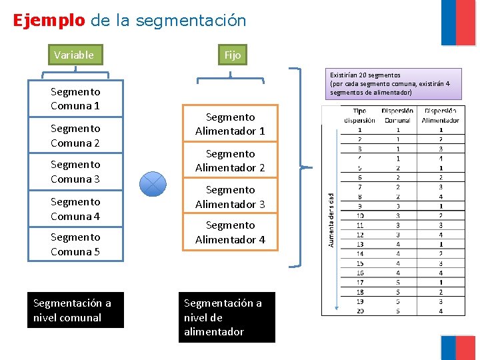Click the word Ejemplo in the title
coord(49,20)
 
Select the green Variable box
coord(74,55)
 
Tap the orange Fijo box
coord(232,55)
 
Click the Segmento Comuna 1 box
coord(75,99)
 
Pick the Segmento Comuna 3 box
coord(75,171)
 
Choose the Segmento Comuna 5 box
coord(75,244)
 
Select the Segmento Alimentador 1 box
coord(230,124)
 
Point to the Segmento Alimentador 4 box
coord(230,232)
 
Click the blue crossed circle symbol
coord(153,183)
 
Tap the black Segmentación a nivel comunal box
coord(75,310)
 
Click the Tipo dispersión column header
coord(360,115)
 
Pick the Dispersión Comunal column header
coord(398,115)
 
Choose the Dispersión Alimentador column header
coord(440,115)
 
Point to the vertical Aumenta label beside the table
coord(331,220)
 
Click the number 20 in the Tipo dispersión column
coord(360,311)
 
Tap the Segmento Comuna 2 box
coord(75,135)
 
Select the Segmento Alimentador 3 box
coord(230,197)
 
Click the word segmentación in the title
coord(191,20)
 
